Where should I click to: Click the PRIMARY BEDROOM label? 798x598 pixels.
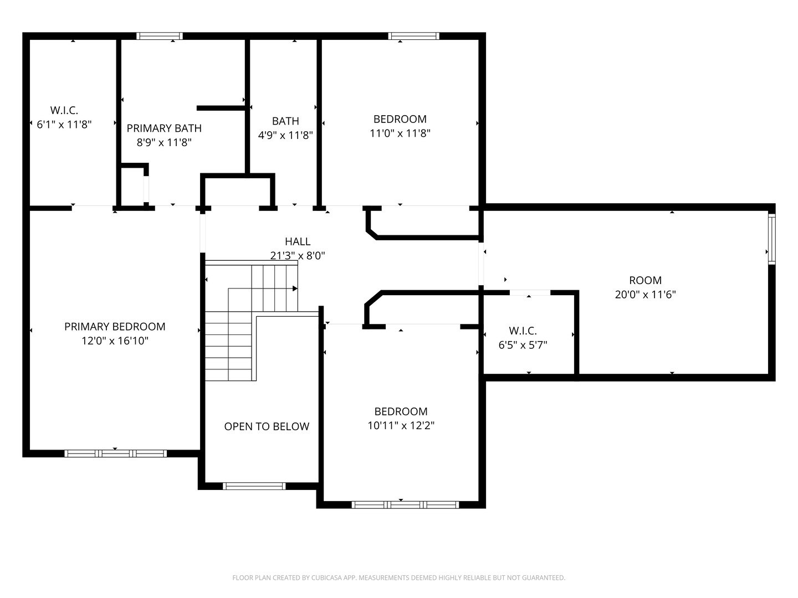click(115, 327)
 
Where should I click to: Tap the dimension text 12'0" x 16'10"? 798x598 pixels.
click(115, 341)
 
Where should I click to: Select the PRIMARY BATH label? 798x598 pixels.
click(164, 128)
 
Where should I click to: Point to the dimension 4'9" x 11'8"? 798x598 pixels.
click(285, 135)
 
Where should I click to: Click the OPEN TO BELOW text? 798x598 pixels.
click(267, 426)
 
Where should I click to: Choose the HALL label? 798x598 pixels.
click(298, 241)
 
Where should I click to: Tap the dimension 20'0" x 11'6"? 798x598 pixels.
click(645, 295)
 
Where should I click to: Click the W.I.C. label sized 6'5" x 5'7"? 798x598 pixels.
click(523, 331)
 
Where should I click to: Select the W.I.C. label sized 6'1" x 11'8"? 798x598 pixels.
click(64, 110)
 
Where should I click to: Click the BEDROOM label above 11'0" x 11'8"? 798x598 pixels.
click(400, 119)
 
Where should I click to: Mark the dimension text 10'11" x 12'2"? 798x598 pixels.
click(401, 426)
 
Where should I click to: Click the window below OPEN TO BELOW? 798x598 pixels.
click(254, 486)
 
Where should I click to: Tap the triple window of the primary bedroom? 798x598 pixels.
click(115, 453)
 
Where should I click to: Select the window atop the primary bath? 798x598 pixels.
click(160, 36)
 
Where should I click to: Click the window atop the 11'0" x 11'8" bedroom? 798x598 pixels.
click(413, 36)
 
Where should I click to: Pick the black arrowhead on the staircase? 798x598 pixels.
click(295, 288)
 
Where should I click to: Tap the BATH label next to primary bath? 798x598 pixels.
click(285, 121)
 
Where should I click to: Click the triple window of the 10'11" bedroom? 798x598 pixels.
click(405, 504)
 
